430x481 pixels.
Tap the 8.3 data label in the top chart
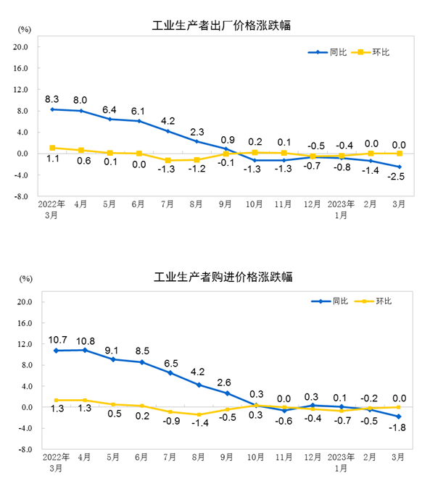pos(52,98)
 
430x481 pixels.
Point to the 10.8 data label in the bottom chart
pos(85,340)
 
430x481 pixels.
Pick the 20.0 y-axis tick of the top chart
pos(21,47)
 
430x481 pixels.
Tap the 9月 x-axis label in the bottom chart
pos(226,457)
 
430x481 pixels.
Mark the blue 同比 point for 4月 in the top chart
pos(81,111)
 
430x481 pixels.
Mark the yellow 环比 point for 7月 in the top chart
pos(168,160)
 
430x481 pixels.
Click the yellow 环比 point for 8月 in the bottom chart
pos(197,414)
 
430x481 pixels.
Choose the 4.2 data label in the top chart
pos(168,120)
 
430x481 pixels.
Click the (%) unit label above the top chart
pos(25,30)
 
